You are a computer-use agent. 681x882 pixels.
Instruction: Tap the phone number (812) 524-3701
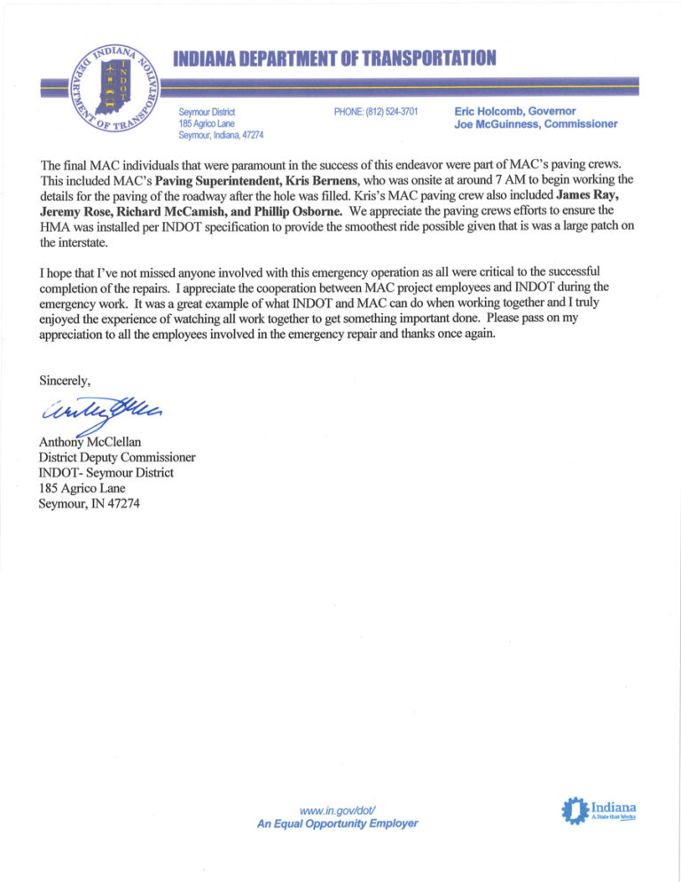[375, 112]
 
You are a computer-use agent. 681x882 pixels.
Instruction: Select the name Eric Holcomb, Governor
[514, 112]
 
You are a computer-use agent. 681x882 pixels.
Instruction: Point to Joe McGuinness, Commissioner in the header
[535, 124]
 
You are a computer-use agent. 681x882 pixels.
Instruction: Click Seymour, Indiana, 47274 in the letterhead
[221, 135]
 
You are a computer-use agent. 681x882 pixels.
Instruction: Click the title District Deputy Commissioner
[117, 457]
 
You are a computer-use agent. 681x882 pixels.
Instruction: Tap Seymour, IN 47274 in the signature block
[89, 504]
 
